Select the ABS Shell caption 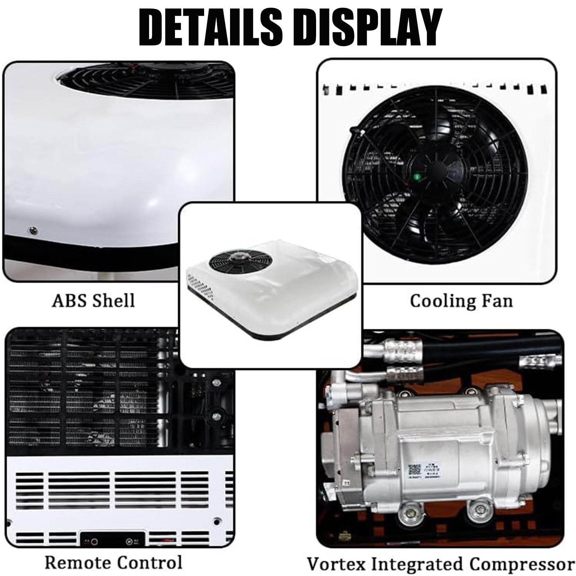(94, 300)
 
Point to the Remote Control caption (113, 562)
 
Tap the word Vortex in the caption (336, 564)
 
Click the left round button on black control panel (94, 541)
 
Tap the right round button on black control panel (129, 541)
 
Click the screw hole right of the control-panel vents (216, 521)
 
